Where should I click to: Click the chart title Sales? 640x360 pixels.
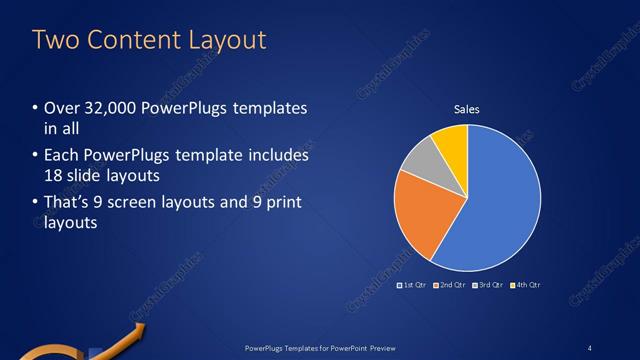click(x=468, y=109)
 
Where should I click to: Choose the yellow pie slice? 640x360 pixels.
click(x=452, y=142)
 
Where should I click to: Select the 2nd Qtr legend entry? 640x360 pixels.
click(x=450, y=285)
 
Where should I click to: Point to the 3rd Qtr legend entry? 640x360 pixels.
click(x=487, y=285)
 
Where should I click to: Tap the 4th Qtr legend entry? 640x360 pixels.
click(x=525, y=285)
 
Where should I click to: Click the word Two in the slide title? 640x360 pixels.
click(x=54, y=40)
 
